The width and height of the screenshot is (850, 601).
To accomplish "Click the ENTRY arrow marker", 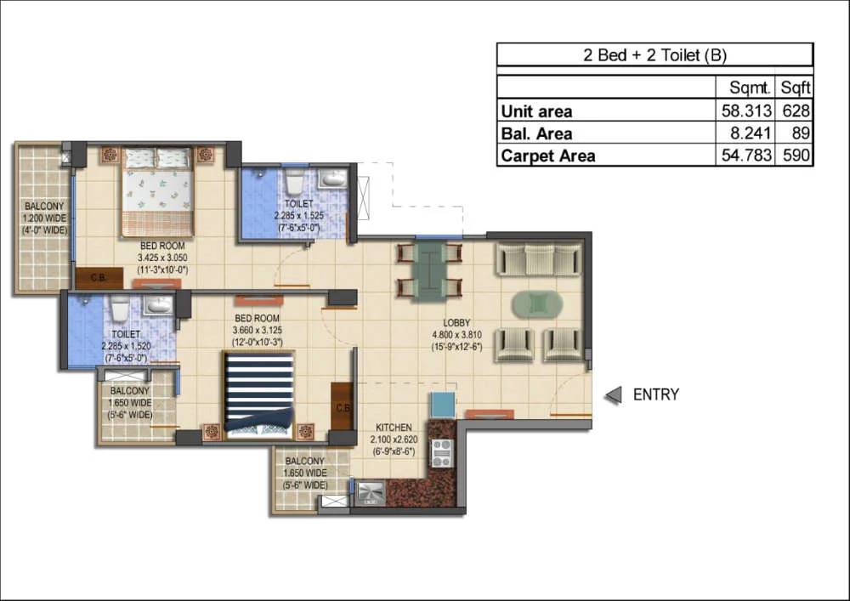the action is tap(614, 395).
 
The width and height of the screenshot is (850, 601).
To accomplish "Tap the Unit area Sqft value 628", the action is tap(796, 111).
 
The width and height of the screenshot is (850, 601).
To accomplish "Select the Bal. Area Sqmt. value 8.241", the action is tap(751, 133).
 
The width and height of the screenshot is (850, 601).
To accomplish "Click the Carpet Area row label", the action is tap(548, 156).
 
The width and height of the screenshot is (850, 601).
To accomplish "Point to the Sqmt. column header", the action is tap(750, 88).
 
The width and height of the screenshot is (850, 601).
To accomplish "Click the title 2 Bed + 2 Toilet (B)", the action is tap(654, 54).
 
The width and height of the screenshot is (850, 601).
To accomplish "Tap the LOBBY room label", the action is tap(456, 322).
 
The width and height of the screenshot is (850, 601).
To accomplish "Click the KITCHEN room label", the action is tap(394, 427).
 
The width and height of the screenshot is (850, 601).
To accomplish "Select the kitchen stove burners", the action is tap(441, 453).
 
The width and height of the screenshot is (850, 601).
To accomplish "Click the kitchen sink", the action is tap(371, 493).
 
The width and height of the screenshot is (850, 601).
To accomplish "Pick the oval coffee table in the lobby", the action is tap(538, 303).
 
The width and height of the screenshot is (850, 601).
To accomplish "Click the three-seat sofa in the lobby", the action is tap(539, 260).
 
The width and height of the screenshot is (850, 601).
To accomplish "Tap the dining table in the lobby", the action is tap(430, 270).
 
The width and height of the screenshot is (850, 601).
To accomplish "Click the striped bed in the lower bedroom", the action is tap(259, 394).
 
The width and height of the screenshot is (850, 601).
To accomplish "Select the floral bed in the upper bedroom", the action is tap(157, 192).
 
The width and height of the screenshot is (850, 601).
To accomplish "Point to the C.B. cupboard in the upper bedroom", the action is tap(99, 278).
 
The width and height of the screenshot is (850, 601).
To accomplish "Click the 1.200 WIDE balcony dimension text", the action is tap(44, 218).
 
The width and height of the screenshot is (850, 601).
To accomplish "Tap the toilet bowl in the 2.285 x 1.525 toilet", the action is tap(294, 181).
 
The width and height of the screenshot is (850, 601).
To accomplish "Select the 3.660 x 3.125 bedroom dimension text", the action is tap(258, 330).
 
